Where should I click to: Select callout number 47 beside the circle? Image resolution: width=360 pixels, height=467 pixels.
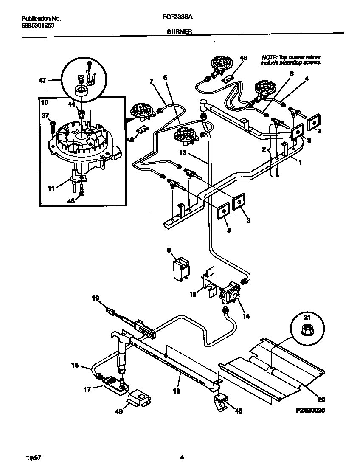click(43, 79)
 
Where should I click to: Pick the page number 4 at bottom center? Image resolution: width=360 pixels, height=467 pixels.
click(182, 458)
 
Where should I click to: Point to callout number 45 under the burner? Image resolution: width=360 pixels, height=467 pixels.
click(71, 202)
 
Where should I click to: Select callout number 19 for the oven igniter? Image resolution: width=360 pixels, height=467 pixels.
click(96, 299)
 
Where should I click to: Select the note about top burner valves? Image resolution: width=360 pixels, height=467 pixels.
click(291, 59)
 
